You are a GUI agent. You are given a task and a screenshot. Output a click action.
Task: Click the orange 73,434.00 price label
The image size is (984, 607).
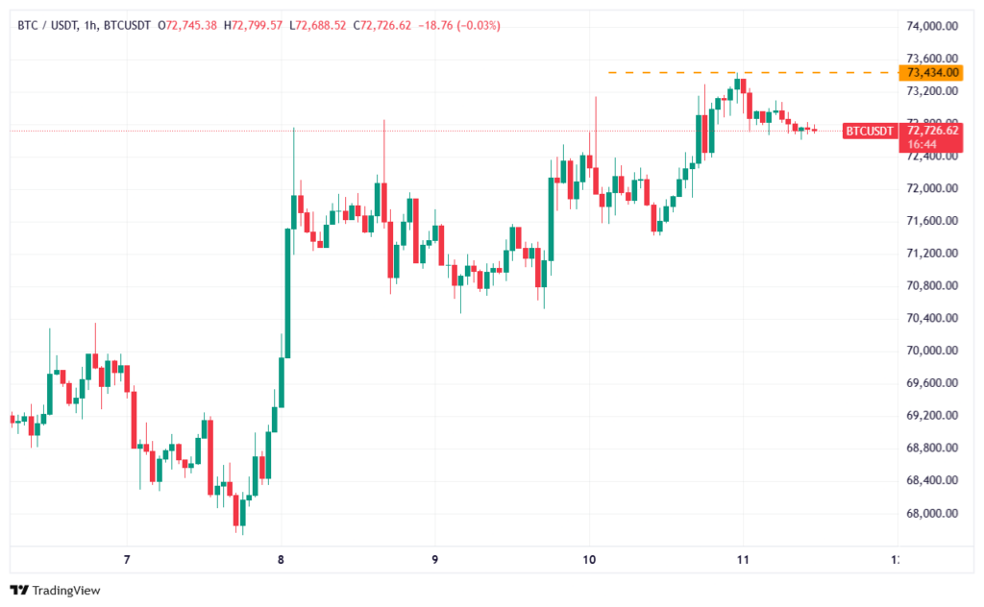(929, 72)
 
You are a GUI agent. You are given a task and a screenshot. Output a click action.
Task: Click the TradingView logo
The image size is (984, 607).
(55, 590)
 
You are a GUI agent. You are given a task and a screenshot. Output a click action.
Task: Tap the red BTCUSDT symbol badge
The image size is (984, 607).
(869, 131)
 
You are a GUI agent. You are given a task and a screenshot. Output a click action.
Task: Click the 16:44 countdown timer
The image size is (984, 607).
(922, 143)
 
